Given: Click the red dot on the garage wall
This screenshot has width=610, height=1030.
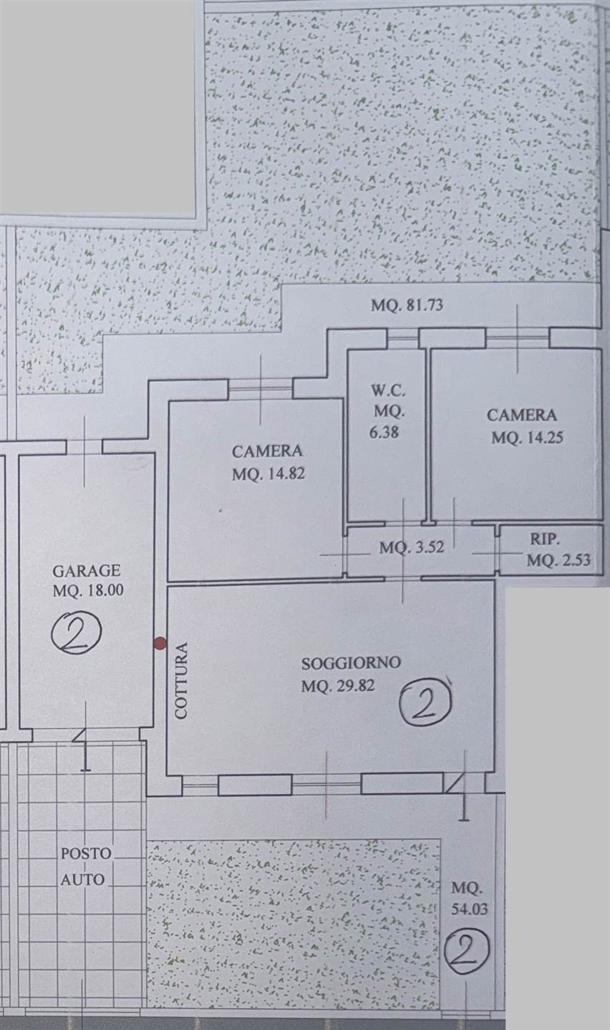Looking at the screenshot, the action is point(160,643).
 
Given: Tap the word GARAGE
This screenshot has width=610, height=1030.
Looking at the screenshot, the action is point(87,571).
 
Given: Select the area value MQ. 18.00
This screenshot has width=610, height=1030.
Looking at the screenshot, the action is point(88,590).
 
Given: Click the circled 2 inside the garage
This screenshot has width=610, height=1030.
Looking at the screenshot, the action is point(77,633).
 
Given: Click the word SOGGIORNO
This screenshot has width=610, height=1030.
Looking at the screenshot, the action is point(351,663).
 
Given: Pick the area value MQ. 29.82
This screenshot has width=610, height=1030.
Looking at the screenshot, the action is point(338,686).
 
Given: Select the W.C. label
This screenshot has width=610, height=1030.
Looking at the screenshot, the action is point(388,391).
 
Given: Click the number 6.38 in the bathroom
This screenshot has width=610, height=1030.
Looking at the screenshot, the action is point(384,432).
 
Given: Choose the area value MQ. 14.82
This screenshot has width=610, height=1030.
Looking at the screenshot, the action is point(268,474).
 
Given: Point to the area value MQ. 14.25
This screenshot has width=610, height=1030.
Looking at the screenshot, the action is point(527,437).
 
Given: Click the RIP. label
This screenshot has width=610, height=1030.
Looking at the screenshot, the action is point(544,539).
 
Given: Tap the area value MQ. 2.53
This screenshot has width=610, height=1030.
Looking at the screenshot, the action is point(558,560).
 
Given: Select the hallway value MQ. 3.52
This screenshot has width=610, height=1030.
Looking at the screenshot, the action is point(412,547).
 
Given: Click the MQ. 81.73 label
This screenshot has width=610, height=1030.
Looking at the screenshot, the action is point(407,305).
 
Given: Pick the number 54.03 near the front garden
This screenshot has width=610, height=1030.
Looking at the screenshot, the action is point(469,908).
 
